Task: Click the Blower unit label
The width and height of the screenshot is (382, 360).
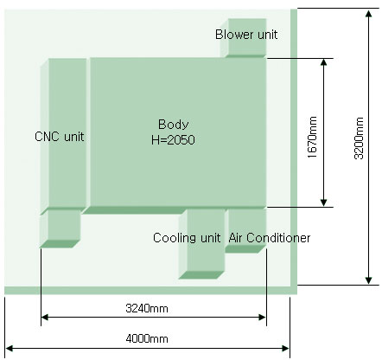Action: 246,35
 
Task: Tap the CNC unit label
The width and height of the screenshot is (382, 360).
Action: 60,137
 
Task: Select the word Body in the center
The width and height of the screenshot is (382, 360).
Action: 174,125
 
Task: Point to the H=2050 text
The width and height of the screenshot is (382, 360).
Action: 173,140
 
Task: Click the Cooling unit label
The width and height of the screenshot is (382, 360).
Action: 187,238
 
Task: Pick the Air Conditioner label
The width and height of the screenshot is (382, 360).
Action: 270,238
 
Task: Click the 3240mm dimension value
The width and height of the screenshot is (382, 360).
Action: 147,309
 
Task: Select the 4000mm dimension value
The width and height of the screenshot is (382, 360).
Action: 147,338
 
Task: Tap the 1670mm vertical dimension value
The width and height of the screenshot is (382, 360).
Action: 312,137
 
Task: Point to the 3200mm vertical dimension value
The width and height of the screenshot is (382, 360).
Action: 359,138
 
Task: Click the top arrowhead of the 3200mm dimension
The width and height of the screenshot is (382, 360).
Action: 368,14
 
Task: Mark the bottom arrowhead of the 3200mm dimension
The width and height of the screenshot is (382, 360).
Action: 368,280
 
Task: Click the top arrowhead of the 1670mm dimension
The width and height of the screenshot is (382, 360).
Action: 323,63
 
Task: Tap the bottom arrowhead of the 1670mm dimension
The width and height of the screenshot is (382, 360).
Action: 323,202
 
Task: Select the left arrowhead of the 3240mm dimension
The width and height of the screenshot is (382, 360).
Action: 45,318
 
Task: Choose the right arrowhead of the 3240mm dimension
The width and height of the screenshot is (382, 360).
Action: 262,318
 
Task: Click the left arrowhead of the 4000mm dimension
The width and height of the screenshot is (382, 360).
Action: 10,348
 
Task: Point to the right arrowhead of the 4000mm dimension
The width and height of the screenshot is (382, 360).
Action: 285,348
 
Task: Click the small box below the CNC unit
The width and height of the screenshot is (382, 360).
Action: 60,228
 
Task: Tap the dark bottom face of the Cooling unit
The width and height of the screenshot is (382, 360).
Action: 201,275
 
